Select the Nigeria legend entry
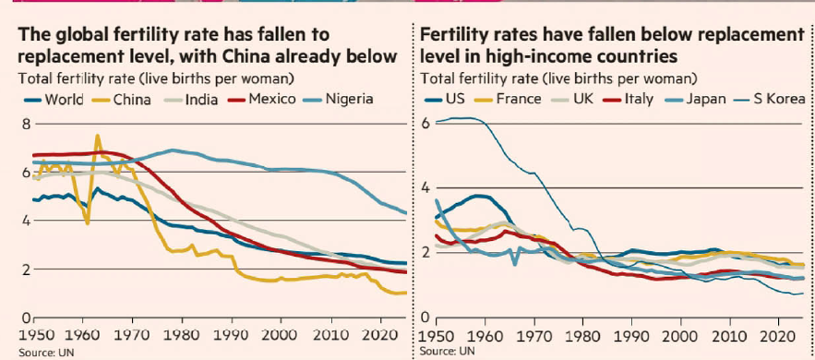click(x=348, y=99)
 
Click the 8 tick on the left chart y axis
click(x=11, y=124)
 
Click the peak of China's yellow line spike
click(x=98, y=136)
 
